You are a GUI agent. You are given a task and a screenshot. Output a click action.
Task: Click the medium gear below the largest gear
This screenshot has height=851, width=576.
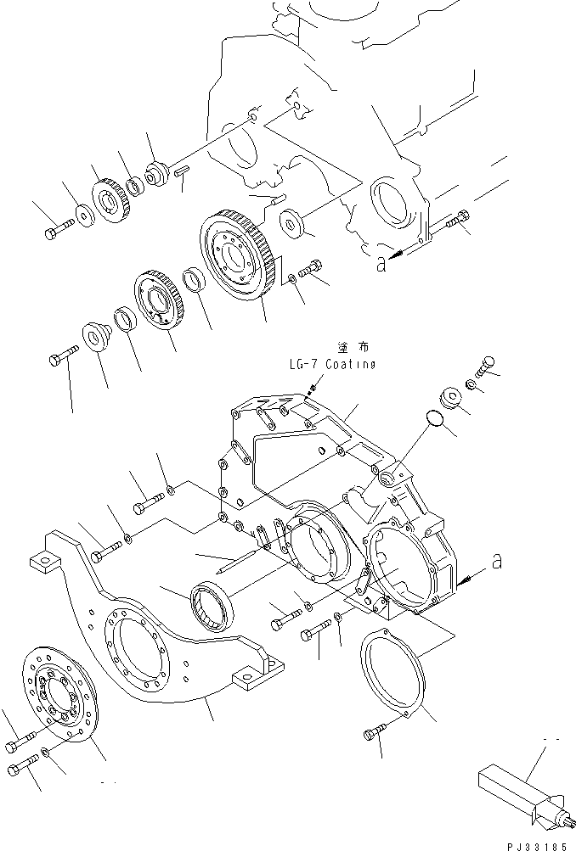[x=161, y=305]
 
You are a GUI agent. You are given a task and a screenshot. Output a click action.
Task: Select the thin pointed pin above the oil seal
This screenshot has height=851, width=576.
[x=229, y=563]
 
